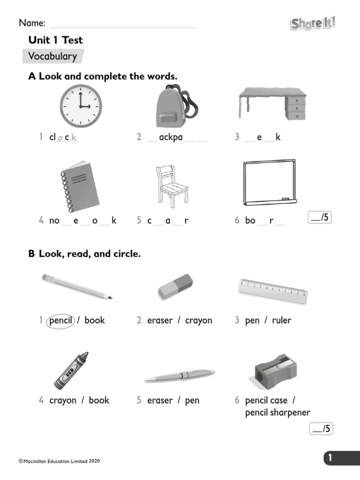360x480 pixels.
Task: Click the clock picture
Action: pos(80,106)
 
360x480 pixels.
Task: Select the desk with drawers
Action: pos(272,104)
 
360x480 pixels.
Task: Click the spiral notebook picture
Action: pos(79,186)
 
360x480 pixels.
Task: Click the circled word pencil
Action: pos(60,321)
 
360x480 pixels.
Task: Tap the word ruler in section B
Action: pos(281,321)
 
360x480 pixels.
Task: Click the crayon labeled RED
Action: pos(71,370)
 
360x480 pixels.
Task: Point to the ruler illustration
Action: pos(273,291)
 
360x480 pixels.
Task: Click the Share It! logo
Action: pos(313,23)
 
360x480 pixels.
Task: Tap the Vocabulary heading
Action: pos(52,56)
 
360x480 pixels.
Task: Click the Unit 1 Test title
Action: pos(55,40)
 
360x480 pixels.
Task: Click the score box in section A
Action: pos(320,217)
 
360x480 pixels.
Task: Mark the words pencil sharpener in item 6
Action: pos(277,413)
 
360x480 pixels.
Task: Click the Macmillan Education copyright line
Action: pos(59,461)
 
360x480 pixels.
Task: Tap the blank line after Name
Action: pos(122,24)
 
